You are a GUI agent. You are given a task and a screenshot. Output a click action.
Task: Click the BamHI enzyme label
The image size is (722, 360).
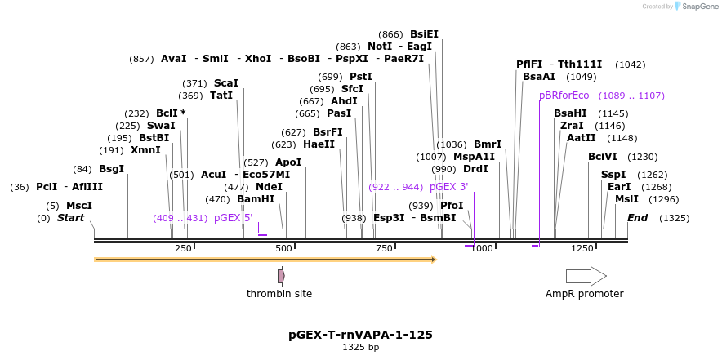pyautogui.click(x=256, y=198)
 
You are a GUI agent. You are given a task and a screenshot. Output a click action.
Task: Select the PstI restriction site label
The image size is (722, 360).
pyautogui.click(x=360, y=77)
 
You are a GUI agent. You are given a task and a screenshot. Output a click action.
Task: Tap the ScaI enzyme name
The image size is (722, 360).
pyautogui.click(x=225, y=83)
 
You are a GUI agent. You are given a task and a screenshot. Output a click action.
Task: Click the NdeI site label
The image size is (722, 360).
pyautogui.click(x=270, y=186)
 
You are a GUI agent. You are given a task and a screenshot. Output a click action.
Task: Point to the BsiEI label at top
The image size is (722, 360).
pyautogui.click(x=424, y=34)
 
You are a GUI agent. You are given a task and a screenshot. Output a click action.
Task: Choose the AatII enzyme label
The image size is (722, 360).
pyautogui.click(x=581, y=138)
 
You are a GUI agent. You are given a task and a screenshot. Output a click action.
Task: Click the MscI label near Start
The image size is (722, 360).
pyautogui.click(x=79, y=206)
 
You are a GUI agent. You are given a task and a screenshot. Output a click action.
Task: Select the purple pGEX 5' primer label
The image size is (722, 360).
pyautogui.click(x=233, y=218)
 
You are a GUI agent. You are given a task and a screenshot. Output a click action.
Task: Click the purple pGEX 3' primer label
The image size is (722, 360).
pyautogui.click(x=448, y=187)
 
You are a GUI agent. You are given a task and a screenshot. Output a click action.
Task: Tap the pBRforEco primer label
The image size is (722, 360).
pyautogui.click(x=564, y=96)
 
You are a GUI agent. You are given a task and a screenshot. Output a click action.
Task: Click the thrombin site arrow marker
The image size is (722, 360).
pyautogui.click(x=281, y=276)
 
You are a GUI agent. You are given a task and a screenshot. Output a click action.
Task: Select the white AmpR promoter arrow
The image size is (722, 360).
pyautogui.click(x=586, y=276)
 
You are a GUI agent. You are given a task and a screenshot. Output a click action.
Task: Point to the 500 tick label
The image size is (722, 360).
pyautogui.click(x=283, y=248)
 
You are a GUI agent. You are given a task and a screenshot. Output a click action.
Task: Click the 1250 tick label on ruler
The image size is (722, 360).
pyautogui.click(x=582, y=248)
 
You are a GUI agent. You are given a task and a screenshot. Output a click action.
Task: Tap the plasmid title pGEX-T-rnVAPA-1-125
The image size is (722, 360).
pyautogui.click(x=360, y=335)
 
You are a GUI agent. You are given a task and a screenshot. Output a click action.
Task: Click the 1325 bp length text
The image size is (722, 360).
pyautogui.click(x=360, y=348)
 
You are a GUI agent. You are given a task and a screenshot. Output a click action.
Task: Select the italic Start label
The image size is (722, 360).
pyautogui.click(x=70, y=218)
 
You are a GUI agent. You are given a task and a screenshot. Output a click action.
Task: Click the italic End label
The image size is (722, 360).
pyautogui.click(x=637, y=218)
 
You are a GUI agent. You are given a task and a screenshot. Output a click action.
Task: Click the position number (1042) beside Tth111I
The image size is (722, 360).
pyautogui.click(x=630, y=64)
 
